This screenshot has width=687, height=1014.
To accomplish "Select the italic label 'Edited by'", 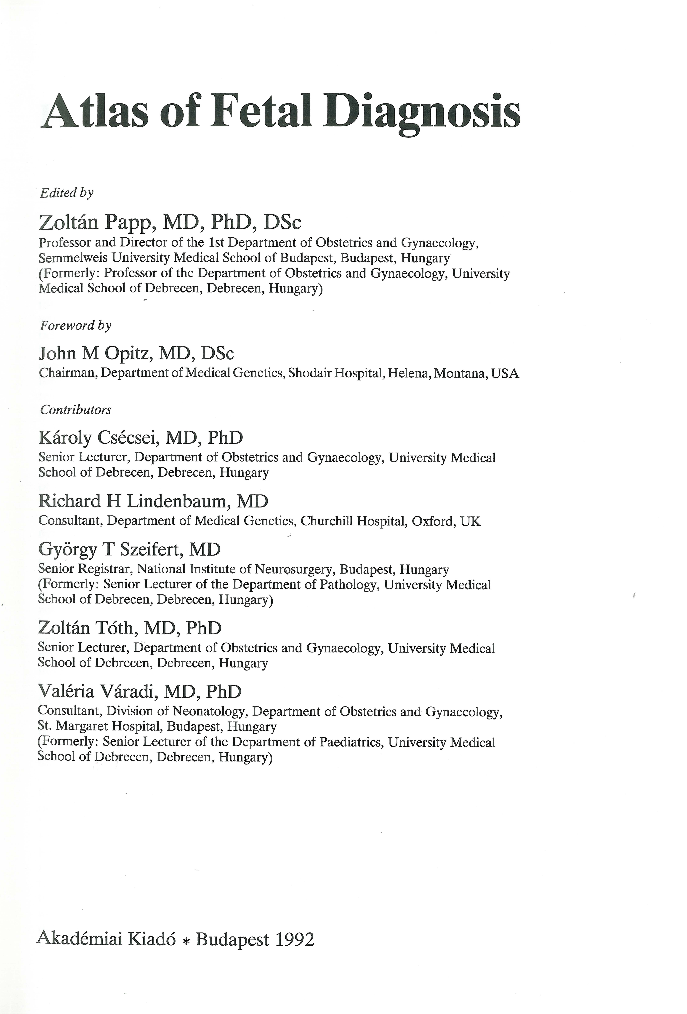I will click(x=66, y=193).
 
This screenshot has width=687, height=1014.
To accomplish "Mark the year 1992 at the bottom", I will click(x=294, y=939).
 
